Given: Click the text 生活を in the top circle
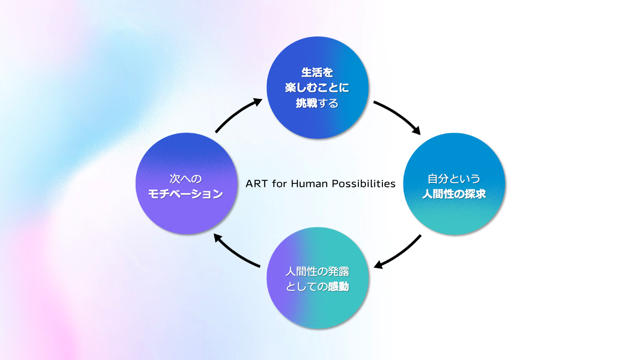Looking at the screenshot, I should [317, 72].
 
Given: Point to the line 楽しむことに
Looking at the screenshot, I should [317, 88].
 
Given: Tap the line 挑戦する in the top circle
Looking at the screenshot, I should [317, 103].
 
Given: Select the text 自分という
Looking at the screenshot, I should [454, 178].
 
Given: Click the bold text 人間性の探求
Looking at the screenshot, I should [454, 194].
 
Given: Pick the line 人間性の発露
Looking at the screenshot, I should [317, 271].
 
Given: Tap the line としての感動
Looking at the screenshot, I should [317, 287].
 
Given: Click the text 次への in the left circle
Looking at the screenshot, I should [186, 178].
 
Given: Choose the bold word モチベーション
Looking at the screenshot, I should [186, 194].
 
